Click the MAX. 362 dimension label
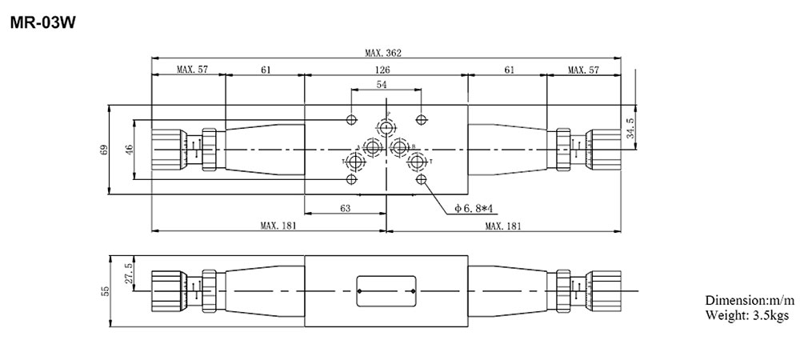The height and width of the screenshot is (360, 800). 382,54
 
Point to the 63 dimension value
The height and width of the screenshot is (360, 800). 345,208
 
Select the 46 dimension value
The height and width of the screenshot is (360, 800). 128,150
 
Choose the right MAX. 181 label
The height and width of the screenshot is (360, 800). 504,226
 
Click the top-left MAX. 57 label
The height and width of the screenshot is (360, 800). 191,70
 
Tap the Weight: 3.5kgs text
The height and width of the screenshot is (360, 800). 746,315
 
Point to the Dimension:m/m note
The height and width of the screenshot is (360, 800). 750,300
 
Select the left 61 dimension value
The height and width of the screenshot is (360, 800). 265,70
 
